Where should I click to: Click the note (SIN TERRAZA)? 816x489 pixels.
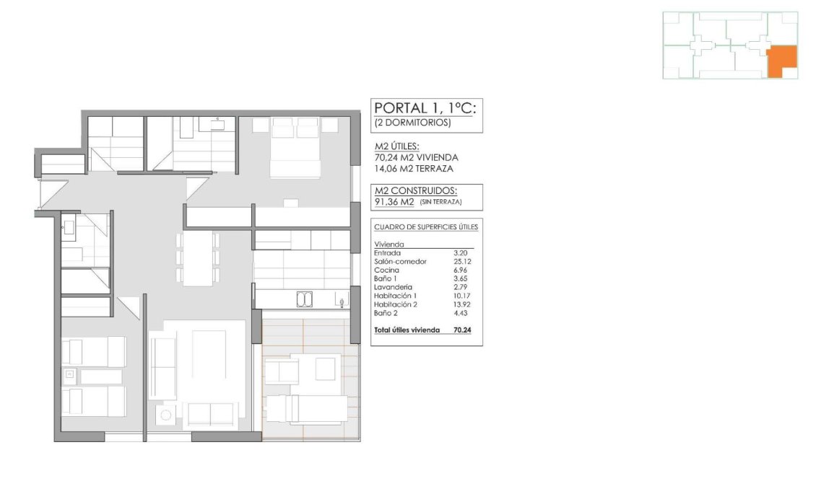click(440, 203)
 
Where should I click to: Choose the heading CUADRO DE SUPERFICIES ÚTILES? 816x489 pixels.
click(426, 227)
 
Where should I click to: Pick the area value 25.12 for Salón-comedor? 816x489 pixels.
click(461, 262)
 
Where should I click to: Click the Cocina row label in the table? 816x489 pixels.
click(384, 270)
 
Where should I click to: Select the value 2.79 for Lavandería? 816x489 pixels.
click(461, 288)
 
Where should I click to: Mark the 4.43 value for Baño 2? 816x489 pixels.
click(461, 314)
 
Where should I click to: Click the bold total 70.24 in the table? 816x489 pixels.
click(461, 330)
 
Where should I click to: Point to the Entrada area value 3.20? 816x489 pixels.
click(461, 253)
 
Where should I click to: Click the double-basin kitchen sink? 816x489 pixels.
click(305, 299)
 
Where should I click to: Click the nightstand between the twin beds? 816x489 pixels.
click(70, 374)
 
